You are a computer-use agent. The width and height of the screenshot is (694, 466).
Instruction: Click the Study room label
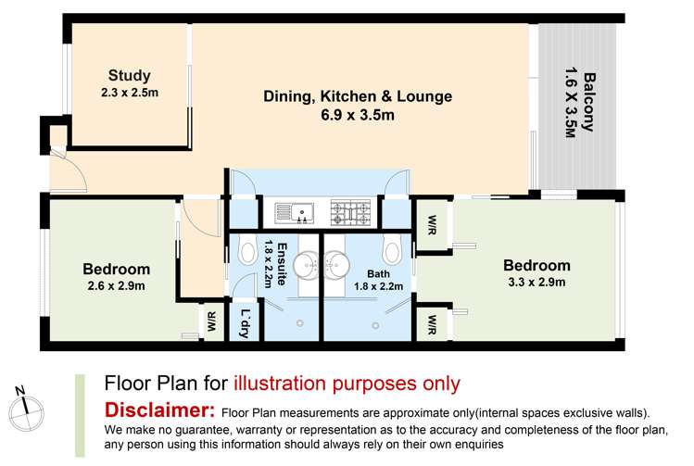[129, 76]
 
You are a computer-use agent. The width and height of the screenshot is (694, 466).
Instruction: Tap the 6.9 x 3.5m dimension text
[358, 115]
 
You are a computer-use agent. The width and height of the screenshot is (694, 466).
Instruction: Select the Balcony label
[589, 102]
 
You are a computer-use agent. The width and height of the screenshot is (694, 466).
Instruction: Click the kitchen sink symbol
[294, 213]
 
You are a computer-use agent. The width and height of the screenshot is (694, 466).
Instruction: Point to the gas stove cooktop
[350, 212]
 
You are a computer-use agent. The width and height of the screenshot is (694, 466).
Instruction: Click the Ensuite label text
[282, 264]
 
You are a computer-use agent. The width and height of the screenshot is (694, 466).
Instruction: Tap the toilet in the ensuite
[247, 248]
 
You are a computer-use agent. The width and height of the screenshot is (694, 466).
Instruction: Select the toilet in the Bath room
[392, 248]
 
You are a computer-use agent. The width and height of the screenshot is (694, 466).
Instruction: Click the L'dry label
[245, 323]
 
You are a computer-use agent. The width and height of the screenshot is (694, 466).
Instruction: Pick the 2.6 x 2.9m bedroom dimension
[116, 286]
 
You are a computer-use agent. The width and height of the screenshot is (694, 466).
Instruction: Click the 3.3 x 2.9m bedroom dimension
[536, 282]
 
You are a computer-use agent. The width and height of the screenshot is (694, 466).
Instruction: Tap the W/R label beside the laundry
[211, 321]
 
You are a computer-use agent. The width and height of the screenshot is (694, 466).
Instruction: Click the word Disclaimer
[159, 409]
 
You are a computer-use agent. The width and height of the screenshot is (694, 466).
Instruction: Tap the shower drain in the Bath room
[375, 326]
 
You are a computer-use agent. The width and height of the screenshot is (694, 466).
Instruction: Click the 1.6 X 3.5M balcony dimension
[571, 102]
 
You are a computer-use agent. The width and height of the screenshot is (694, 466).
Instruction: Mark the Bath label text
[378, 274]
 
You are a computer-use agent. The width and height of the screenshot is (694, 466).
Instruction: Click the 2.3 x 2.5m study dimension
[129, 93]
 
